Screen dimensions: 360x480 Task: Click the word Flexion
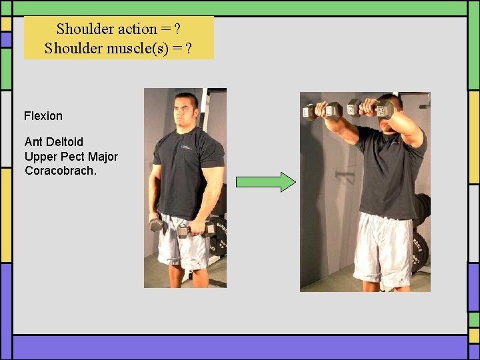pos(43,116)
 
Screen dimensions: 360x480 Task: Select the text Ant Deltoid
pos(54,142)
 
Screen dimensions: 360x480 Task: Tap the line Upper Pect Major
pos(71,157)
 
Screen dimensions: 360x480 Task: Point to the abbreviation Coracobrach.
pos(61,171)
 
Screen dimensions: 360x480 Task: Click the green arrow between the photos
pos(265,182)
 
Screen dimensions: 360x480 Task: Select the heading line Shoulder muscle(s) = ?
pos(118,48)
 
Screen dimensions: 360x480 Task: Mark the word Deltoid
pos(65,142)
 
